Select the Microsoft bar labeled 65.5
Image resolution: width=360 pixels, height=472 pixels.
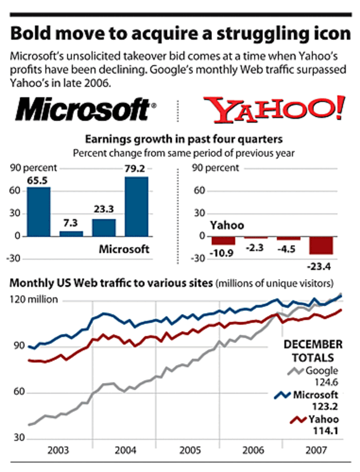point(39,211)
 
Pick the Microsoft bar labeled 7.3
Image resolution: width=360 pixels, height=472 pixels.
point(71,233)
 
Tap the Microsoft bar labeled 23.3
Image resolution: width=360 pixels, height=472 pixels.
point(104,227)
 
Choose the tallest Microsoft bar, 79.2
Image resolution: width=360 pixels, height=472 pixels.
point(136,206)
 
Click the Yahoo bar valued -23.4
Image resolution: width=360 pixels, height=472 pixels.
point(321,245)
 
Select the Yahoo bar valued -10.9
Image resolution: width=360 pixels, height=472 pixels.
point(223,241)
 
